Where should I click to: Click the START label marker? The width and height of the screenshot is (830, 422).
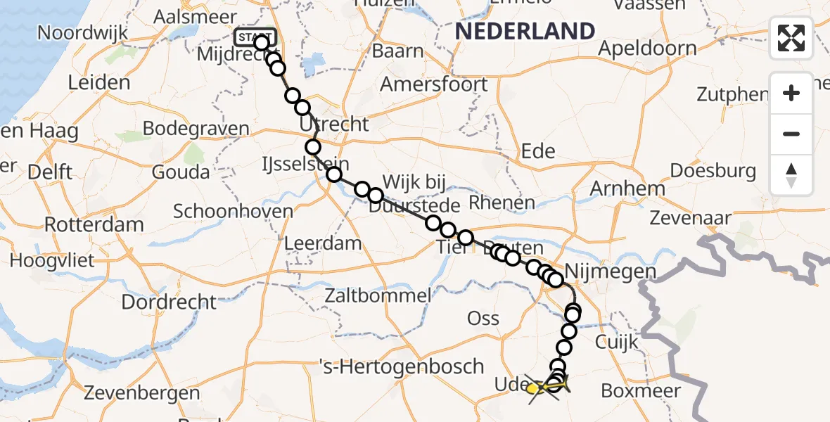click(255, 38)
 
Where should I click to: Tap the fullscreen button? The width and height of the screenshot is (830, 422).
click(791, 38)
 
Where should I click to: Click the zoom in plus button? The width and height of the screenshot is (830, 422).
click(791, 93)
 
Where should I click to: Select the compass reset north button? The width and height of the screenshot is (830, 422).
click(791, 175)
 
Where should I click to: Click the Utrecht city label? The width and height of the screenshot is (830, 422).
click(334, 124)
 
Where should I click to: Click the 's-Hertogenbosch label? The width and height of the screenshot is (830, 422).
click(401, 366)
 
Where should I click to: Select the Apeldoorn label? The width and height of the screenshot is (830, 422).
click(648, 49)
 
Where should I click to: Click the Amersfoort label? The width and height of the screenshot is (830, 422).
click(434, 84)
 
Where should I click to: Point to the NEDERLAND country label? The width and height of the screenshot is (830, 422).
click(525, 31)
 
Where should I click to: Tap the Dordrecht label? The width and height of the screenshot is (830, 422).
click(170, 302)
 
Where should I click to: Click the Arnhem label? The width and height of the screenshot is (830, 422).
click(627, 188)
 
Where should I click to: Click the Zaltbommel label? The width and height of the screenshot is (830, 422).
click(378, 295)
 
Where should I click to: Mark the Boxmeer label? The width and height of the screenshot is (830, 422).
click(641, 390)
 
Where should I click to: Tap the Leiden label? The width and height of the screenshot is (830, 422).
click(99, 82)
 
